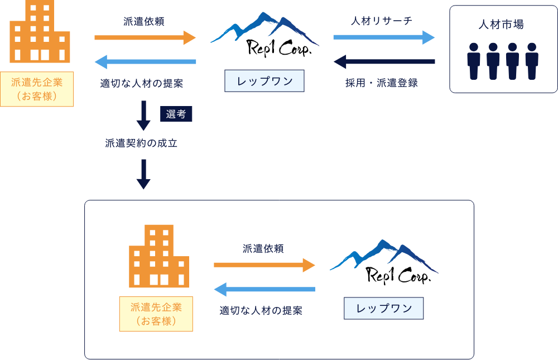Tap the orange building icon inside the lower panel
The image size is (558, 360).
(159, 256)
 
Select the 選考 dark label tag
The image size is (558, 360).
(176, 114)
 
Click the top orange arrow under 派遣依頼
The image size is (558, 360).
(145, 38)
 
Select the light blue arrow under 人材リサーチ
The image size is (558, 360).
(384, 37)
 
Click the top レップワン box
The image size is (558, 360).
(264, 81)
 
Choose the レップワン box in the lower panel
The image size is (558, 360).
(383, 308)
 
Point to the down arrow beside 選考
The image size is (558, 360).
(144, 115)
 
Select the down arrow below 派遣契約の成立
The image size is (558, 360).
(144, 174)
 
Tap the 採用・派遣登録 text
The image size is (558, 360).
(382, 83)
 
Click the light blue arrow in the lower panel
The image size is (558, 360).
(264, 289)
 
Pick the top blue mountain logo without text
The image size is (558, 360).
(264, 30)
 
